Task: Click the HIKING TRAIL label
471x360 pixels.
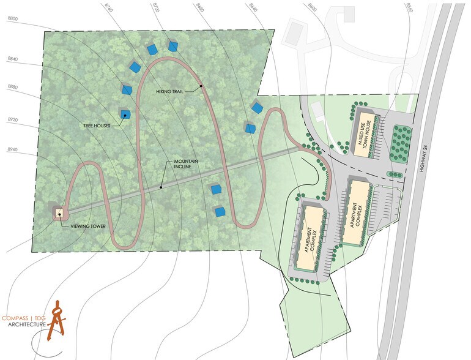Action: pos(169,92)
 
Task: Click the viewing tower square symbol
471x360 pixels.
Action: pos(60,213)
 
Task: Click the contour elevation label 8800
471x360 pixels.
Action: pos(12,19)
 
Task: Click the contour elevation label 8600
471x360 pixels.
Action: pos(314,6)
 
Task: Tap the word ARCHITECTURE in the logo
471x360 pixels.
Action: pos(27,324)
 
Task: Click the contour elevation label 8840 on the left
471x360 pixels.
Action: pos(12,59)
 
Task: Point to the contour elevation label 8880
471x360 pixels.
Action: pos(12,87)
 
